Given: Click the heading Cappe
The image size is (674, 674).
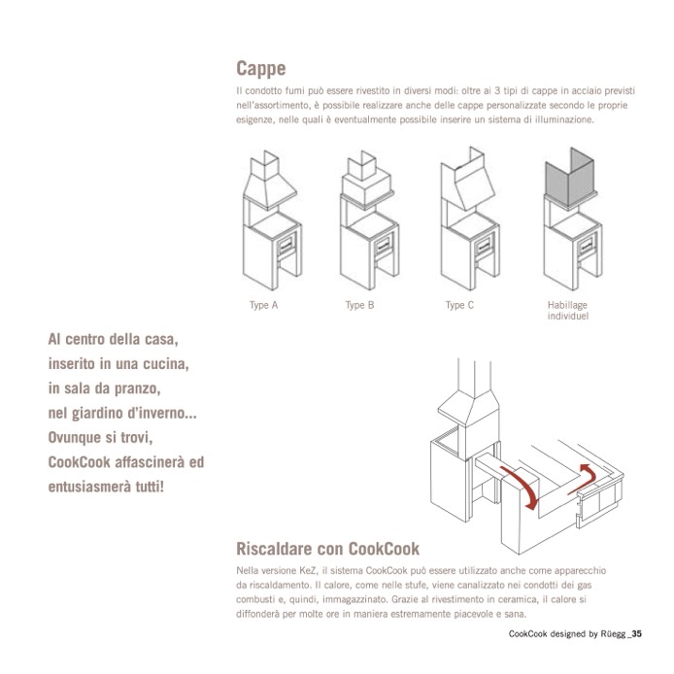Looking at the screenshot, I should click(x=260, y=70).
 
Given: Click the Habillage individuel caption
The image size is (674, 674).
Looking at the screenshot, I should click(x=567, y=311).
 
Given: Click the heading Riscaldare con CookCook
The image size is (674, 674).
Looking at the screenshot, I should click(x=327, y=547).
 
